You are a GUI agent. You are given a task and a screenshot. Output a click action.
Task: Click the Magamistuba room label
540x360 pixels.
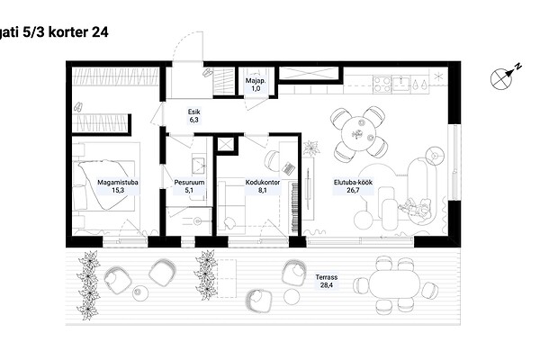pyautogui.click(x=118, y=182)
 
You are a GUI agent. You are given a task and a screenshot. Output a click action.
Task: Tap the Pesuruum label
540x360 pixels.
pyautogui.click(x=189, y=182)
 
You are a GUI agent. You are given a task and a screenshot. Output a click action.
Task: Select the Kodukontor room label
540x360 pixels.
pyautogui.click(x=263, y=182)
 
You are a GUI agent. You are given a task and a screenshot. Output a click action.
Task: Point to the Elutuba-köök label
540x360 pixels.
pyautogui.click(x=353, y=182)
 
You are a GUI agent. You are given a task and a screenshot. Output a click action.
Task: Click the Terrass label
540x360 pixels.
pyautogui.click(x=327, y=277)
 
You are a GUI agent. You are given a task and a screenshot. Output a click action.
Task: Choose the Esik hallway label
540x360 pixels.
pyautogui.click(x=193, y=112)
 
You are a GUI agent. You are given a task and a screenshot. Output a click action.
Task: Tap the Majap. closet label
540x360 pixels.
pyautogui.click(x=256, y=81)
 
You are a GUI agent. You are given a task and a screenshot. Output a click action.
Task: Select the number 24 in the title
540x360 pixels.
pyautogui.click(x=100, y=32)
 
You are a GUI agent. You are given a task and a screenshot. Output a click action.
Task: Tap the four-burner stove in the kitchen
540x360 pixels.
pyautogui.click(x=382, y=85)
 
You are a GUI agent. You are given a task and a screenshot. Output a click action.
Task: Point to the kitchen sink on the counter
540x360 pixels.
pyautogui.click(x=401, y=84)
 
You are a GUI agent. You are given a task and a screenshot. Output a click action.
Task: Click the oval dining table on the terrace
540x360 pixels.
pyautogui.click(x=395, y=284)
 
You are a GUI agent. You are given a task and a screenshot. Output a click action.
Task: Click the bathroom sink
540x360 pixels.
pyautogui.click(x=198, y=165)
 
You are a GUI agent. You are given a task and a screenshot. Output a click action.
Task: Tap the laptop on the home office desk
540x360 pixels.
pyautogui.click(x=289, y=167)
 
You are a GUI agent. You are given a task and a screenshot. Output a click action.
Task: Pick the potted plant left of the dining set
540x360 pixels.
pyautogui.click(x=311, y=148)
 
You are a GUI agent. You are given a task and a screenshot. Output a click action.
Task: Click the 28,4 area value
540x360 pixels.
pyautogui.click(x=327, y=285)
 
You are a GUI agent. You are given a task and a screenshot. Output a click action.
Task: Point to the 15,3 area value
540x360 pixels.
pyautogui.click(x=118, y=190)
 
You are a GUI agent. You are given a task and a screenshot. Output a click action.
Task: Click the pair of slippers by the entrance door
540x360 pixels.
pyautogui.click(x=208, y=73)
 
